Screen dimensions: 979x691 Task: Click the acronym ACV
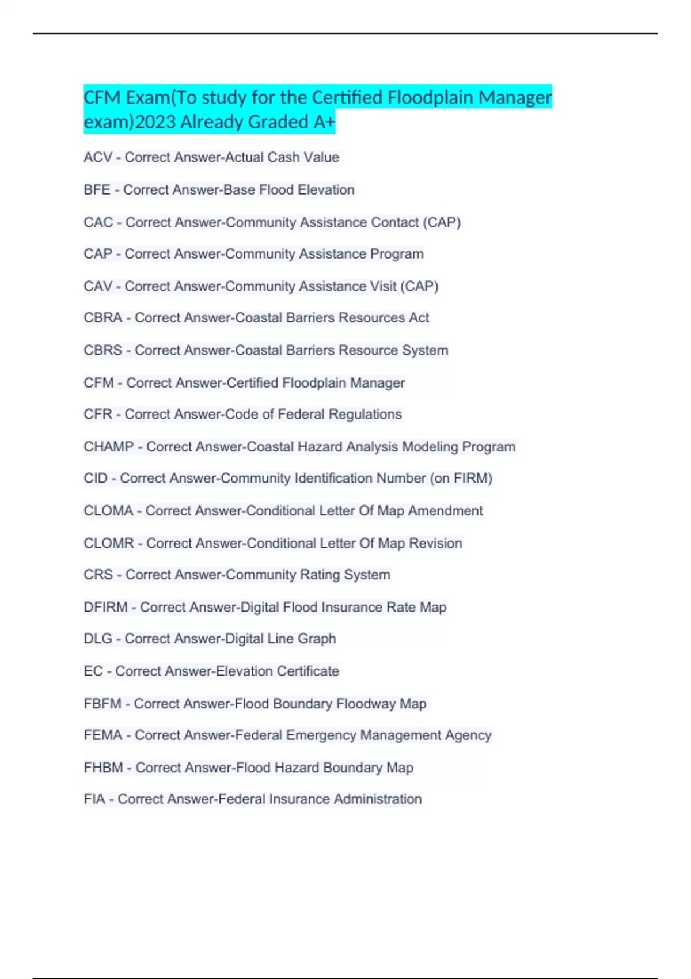[x=98, y=157]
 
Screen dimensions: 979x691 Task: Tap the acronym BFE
[x=97, y=190]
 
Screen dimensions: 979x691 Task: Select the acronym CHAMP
[x=109, y=447]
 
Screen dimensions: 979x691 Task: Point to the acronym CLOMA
[x=108, y=511]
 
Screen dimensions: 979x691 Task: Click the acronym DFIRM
[x=105, y=608]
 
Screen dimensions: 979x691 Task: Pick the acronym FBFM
[x=102, y=704]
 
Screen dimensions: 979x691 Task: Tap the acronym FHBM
[x=104, y=768]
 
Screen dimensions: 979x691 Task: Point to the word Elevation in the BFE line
[x=326, y=190]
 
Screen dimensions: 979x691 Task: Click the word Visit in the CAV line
[x=379, y=286]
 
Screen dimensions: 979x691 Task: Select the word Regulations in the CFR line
[x=365, y=415]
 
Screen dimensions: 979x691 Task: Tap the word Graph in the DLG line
[x=317, y=639]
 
